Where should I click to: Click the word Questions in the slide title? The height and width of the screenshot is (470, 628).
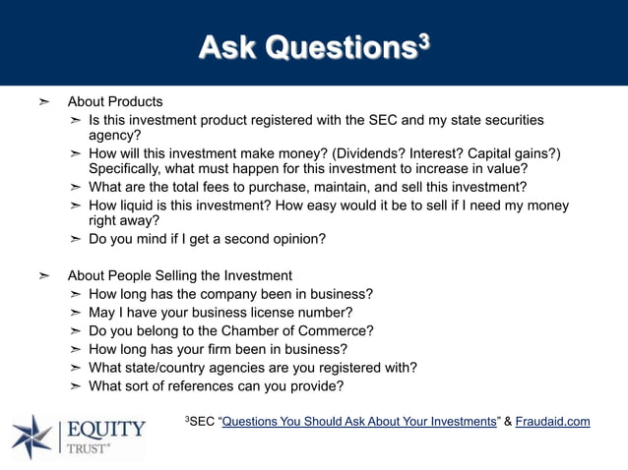(337, 46)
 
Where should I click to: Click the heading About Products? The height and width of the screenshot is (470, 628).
(115, 102)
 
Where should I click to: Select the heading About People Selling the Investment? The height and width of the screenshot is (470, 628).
(179, 275)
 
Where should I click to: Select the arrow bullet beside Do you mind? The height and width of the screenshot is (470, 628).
(76, 239)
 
